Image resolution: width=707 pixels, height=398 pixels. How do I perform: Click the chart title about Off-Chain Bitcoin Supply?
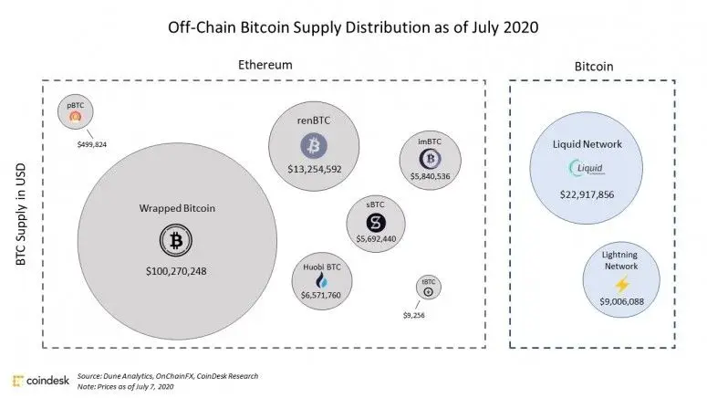pos(353,26)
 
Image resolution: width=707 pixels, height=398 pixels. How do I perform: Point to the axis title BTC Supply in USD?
pos(20,215)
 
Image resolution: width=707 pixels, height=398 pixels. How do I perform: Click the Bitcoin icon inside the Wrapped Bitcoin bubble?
pos(174,241)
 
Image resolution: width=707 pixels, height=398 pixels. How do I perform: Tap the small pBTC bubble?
pos(75,114)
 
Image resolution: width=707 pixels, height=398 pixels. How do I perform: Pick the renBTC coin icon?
pos(313,145)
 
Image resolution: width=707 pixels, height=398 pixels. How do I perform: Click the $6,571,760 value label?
pos(320,296)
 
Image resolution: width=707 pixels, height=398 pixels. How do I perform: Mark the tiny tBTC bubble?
pos(429,288)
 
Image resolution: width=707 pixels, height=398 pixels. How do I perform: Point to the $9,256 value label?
pos(413,315)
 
